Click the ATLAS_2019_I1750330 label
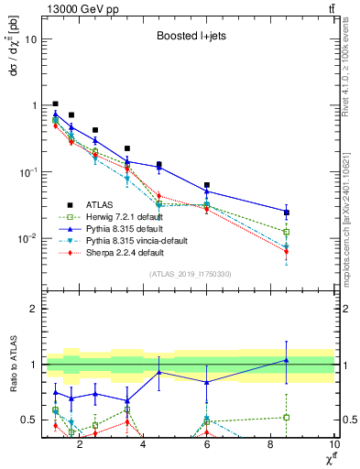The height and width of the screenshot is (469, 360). (189, 274)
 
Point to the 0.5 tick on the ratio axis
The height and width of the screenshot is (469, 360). (29, 420)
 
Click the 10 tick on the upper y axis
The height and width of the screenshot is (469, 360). (30, 39)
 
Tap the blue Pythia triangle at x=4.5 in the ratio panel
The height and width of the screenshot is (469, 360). (159, 372)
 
